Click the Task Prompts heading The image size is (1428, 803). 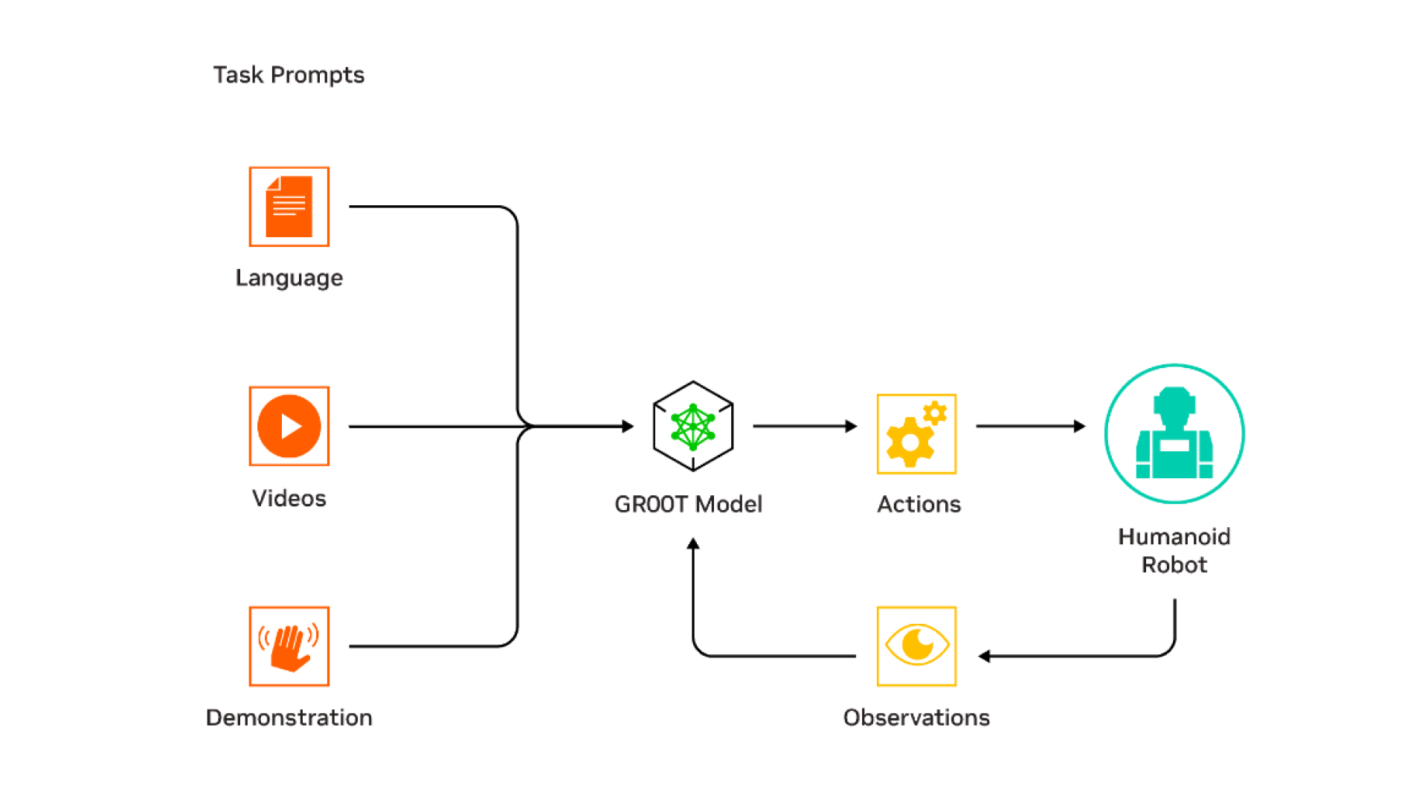pyautogui.click(x=289, y=75)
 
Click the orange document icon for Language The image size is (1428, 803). pyautogui.click(x=289, y=207)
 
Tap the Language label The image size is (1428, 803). pyautogui.click(x=289, y=278)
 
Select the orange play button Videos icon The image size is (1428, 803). pyautogui.click(x=289, y=426)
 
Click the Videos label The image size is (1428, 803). pyautogui.click(x=289, y=498)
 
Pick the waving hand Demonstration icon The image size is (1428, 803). pyautogui.click(x=289, y=646)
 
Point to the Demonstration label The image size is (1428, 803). pyautogui.click(x=289, y=717)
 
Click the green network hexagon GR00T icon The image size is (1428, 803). pyautogui.click(x=693, y=426)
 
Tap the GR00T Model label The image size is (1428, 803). pyautogui.click(x=689, y=504)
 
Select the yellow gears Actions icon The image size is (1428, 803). pyautogui.click(x=916, y=434)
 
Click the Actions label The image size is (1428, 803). pyautogui.click(x=919, y=504)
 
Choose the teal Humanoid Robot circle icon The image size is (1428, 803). pyautogui.click(x=1174, y=433)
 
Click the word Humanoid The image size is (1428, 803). pyautogui.click(x=1174, y=537)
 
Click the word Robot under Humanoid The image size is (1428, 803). pyautogui.click(x=1174, y=565)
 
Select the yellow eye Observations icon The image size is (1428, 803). pyautogui.click(x=916, y=646)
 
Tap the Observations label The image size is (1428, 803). pyautogui.click(x=916, y=717)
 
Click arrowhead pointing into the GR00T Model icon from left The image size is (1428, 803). pyautogui.click(x=628, y=426)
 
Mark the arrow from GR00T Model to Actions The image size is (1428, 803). pyautogui.click(x=805, y=426)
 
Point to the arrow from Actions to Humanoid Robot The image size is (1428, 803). pyautogui.click(x=1030, y=426)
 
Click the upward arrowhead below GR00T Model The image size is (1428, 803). pyautogui.click(x=693, y=544)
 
